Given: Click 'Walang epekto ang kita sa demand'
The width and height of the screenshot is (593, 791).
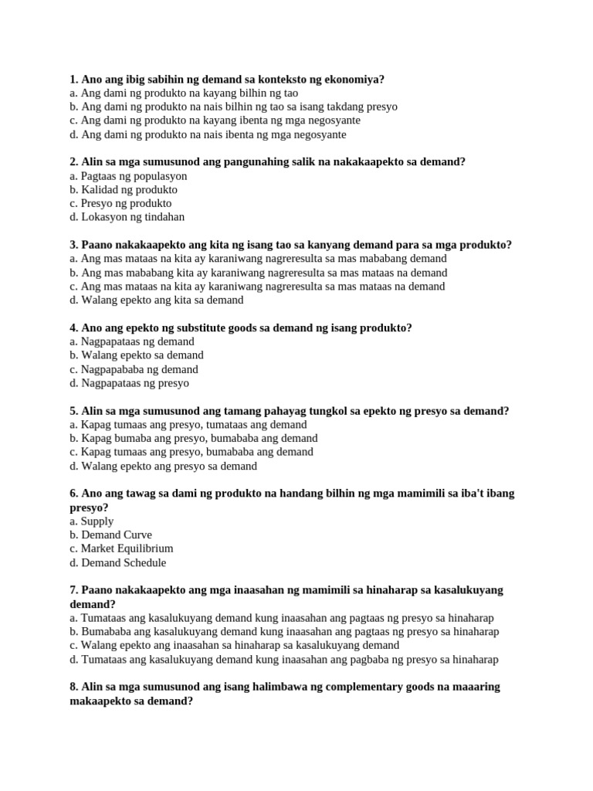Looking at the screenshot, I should (156, 300).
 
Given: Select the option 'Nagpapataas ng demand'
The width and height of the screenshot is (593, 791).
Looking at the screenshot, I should (131, 341).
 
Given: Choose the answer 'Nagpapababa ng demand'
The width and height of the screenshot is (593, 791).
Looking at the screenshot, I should (134, 369).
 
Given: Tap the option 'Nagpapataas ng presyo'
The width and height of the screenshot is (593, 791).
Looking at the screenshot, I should (129, 383).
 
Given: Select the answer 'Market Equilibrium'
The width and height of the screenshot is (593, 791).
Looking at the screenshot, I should (121, 549).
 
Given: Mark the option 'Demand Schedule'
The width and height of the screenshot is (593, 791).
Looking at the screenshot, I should (117, 563).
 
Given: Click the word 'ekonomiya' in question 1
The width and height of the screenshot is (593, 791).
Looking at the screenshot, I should (355, 79).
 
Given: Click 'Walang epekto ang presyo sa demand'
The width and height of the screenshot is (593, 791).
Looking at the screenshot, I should (163, 467).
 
